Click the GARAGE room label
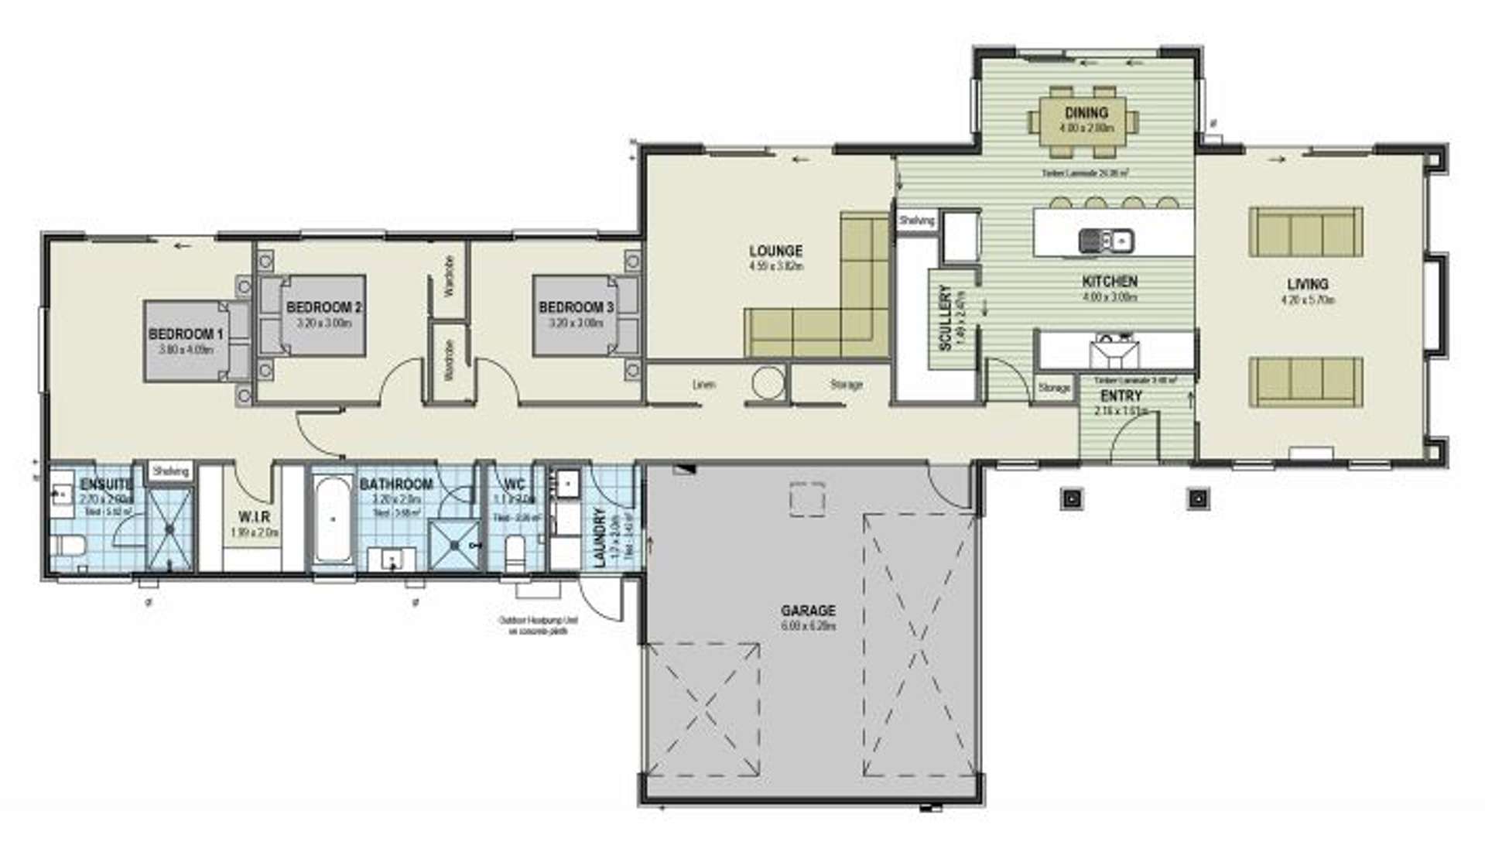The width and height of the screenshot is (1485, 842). tap(808, 611)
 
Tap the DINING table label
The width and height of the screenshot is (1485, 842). tap(1086, 113)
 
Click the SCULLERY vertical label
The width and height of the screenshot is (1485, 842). tap(945, 317)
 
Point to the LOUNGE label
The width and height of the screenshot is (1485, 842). tap(775, 251)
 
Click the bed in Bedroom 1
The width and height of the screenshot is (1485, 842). tap(193, 341)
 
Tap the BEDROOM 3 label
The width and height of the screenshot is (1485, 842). tap(576, 307)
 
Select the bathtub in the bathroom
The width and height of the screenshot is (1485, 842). tap(333, 519)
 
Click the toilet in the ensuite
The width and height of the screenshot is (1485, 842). tap(68, 545)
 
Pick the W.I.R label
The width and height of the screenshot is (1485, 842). tap(254, 516)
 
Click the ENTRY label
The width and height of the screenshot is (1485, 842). tap(1121, 396)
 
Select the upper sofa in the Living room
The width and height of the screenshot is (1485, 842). tap(1305, 232)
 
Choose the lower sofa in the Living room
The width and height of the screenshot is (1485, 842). tap(1305, 381)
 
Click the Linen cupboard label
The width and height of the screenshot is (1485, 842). tap(703, 385)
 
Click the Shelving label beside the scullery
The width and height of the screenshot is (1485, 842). tap(916, 221)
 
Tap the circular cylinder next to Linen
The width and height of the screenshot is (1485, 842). tap(768, 382)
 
